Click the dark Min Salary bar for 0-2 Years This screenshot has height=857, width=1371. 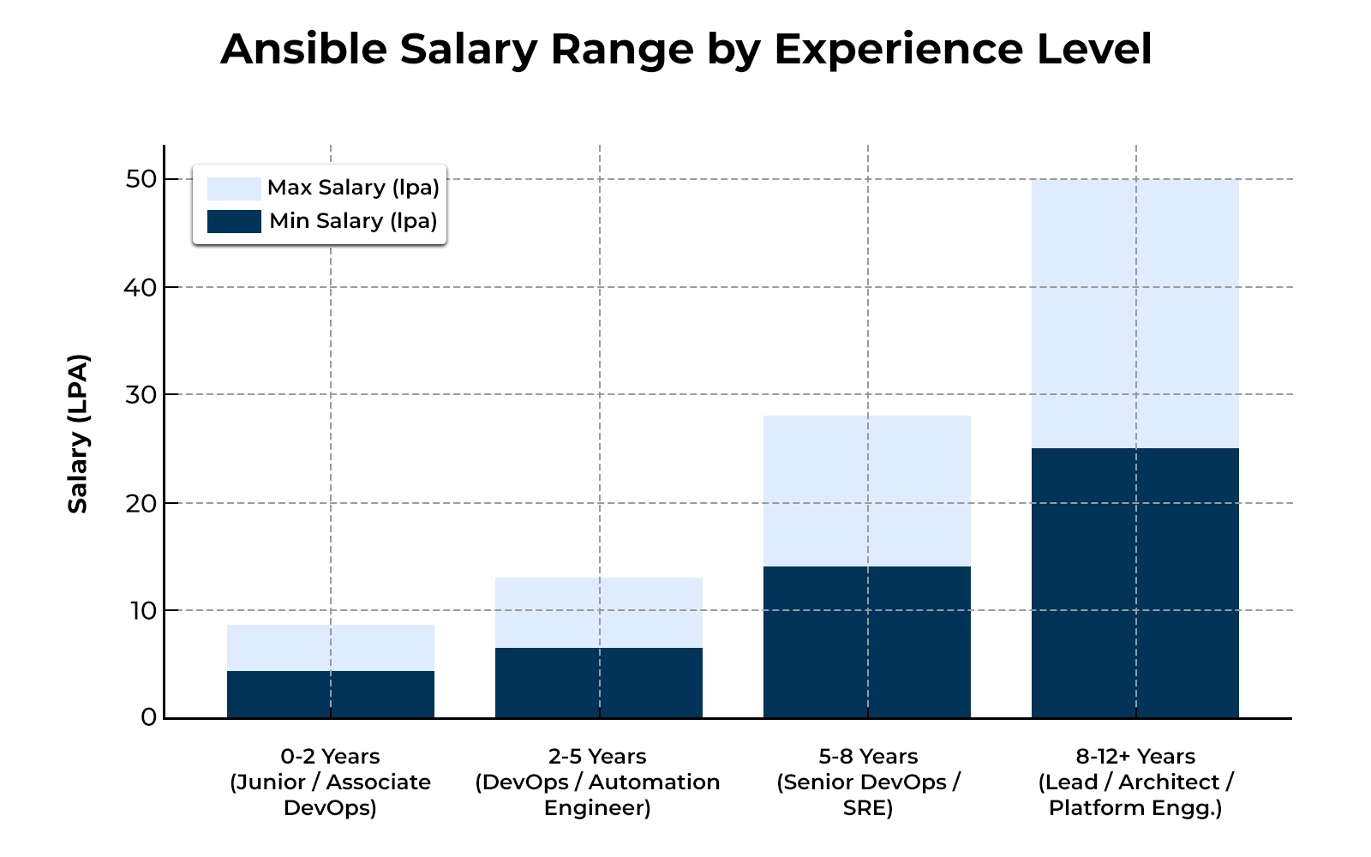point(330,694)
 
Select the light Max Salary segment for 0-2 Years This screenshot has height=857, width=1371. point(330,648)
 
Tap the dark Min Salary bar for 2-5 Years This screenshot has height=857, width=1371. point(598,682)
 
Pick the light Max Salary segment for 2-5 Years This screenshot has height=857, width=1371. point(598,613)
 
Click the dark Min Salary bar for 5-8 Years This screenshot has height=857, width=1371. point(866,642)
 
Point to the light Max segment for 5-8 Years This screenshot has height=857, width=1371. point(866,491)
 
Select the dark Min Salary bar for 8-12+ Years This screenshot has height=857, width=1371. point(1135,583)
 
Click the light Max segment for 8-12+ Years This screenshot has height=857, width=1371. point(1135,314)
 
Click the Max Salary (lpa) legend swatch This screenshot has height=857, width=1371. point(234,189)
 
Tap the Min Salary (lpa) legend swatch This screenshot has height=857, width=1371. point(234,221)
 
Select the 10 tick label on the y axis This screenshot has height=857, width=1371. point(143,610)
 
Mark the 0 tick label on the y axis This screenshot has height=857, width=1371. point(149,717)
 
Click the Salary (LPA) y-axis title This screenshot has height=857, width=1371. point(79,433)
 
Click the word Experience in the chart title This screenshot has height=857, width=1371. point(899,49)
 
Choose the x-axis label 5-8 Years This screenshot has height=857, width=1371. point(867,757)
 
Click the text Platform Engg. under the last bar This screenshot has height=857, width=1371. point(1135,808)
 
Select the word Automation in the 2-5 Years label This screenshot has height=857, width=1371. point(654,782)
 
